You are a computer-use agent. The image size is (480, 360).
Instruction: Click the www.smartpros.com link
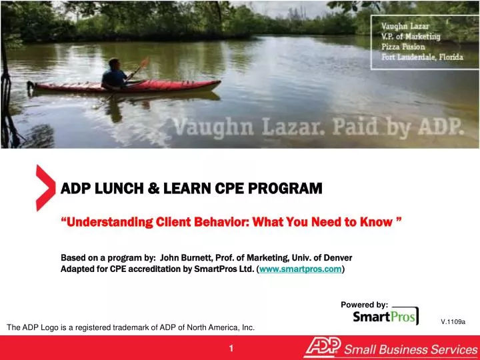pyautogui.click(x=300, y=269)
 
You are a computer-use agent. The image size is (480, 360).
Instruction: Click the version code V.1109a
pyautogui.click(x=453, y=322)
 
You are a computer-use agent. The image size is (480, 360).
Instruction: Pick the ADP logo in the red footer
pyautogui.click(x=323, y=347)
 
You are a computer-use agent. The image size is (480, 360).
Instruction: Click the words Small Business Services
pyautogui.click(x=411, y=348)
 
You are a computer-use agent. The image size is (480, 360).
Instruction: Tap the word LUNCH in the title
pyautogui.click(x=114, y=189)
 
